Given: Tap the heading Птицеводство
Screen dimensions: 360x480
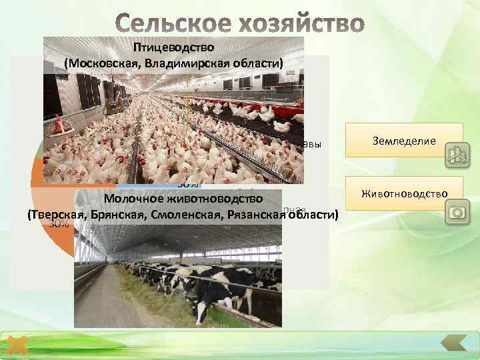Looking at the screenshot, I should click(173, 48).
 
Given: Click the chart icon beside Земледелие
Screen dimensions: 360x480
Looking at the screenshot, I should click(455, 155).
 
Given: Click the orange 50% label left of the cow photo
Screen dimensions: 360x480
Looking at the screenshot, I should click(59, 225).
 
